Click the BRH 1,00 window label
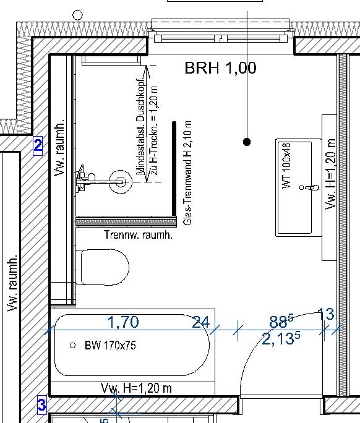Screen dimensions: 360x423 [x=220, y=67]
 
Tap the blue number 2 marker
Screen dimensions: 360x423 [x=38, y=146]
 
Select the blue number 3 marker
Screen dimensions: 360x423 [x=42, y=405]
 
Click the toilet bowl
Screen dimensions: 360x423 [x=103, y=267]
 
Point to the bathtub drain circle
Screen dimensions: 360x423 [x=72, y=345]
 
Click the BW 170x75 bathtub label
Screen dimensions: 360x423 [x=110, y=345]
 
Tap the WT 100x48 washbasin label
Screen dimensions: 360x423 [x=286, y=165]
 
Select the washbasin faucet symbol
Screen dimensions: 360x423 [x=309, y=187]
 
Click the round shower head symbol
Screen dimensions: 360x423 [x=121, y=182]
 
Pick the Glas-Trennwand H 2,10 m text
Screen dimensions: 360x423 [x=187, y=173]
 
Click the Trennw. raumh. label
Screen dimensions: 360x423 [x=138, y=235]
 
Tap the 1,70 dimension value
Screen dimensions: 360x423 [x=123, y=322]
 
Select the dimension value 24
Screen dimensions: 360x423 [x=201, y=322]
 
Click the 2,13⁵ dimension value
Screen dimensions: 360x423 [x=281, y=338]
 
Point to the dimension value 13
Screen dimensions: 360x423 [x=326, y=314]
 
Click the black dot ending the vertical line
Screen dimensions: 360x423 [x=247, y=142]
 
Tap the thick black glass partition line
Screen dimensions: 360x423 [x=174, y=169]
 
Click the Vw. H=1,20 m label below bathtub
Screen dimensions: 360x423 [x=136, y=388]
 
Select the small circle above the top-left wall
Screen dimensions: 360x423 [x=78, y=15]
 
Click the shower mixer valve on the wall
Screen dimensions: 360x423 [x=84, y=179]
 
